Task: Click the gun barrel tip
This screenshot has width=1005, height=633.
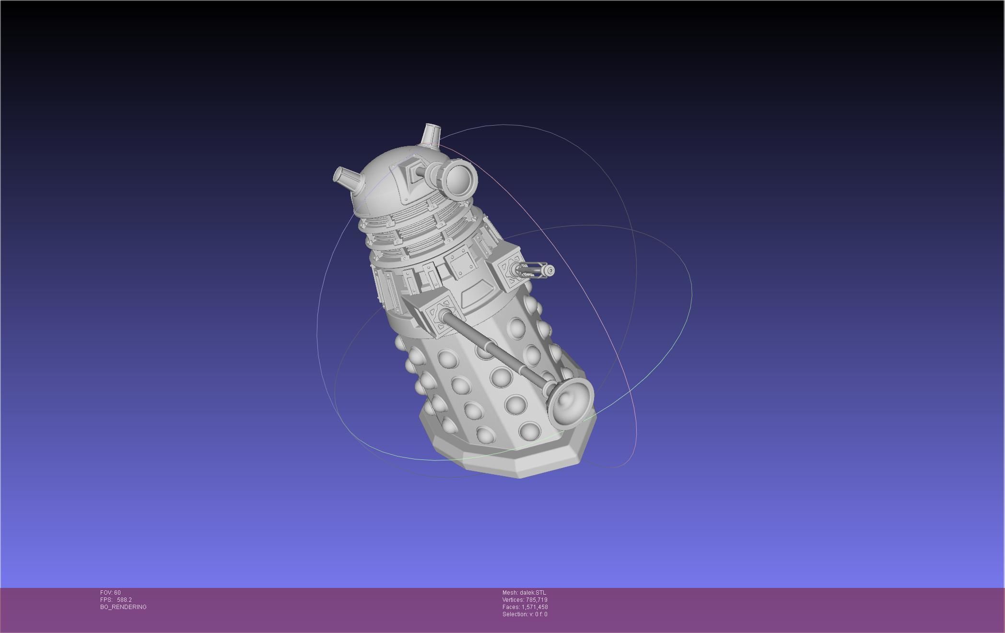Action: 550,271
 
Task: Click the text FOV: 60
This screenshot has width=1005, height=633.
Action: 110,593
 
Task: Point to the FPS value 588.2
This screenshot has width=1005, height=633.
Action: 124,600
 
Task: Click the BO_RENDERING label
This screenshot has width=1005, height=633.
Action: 123,607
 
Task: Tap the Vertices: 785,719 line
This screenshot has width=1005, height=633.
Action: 525,600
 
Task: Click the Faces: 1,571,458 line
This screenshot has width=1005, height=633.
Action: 525,607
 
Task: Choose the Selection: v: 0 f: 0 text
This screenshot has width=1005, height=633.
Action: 525,614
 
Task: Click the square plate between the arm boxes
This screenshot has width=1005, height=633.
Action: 462,263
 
